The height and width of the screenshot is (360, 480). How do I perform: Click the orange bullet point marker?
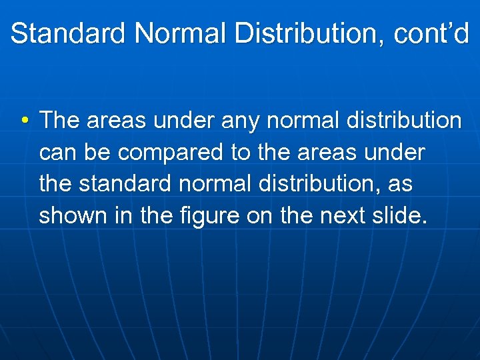click(24, 121)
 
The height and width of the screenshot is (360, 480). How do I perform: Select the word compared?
click(171, 153)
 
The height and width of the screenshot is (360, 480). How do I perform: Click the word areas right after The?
click(117, 121)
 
